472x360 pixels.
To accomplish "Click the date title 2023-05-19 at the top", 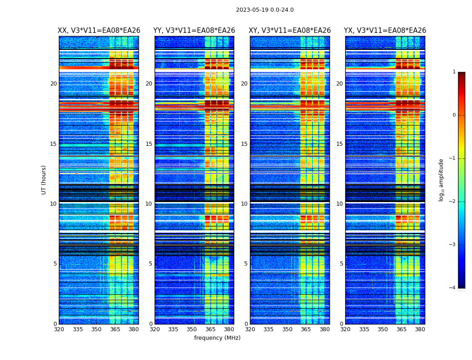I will click(265, 10).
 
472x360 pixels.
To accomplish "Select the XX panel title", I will click(99, 31).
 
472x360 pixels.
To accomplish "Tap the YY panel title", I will click(194, 31).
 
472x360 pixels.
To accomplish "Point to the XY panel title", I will click(290, 31).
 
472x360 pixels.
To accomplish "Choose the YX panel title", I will click(385, 31).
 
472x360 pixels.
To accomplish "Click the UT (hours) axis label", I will click(44, 180).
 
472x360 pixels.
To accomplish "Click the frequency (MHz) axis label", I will click(217, 338).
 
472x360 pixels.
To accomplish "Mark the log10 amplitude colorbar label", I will click(441, 180).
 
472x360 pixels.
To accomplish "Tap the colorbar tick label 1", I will click(454, 72).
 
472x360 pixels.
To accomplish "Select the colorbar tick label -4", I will click(453, 288).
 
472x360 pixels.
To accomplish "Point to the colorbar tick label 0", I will click(454, 115).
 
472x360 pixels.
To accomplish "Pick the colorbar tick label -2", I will click(453, 202).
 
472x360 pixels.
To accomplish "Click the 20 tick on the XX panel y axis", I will click(53, 84).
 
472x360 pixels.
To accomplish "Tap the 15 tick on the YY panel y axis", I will click(149, 144).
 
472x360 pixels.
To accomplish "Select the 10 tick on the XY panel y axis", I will click(244, 204).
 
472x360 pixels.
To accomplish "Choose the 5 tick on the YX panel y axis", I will click(341, 264).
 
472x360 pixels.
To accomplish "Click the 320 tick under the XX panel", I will click(59, 329).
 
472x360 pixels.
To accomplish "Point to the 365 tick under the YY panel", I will click(210, 329).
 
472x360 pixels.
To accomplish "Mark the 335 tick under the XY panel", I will click(268, 329).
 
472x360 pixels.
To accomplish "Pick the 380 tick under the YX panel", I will click(420, 329).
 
